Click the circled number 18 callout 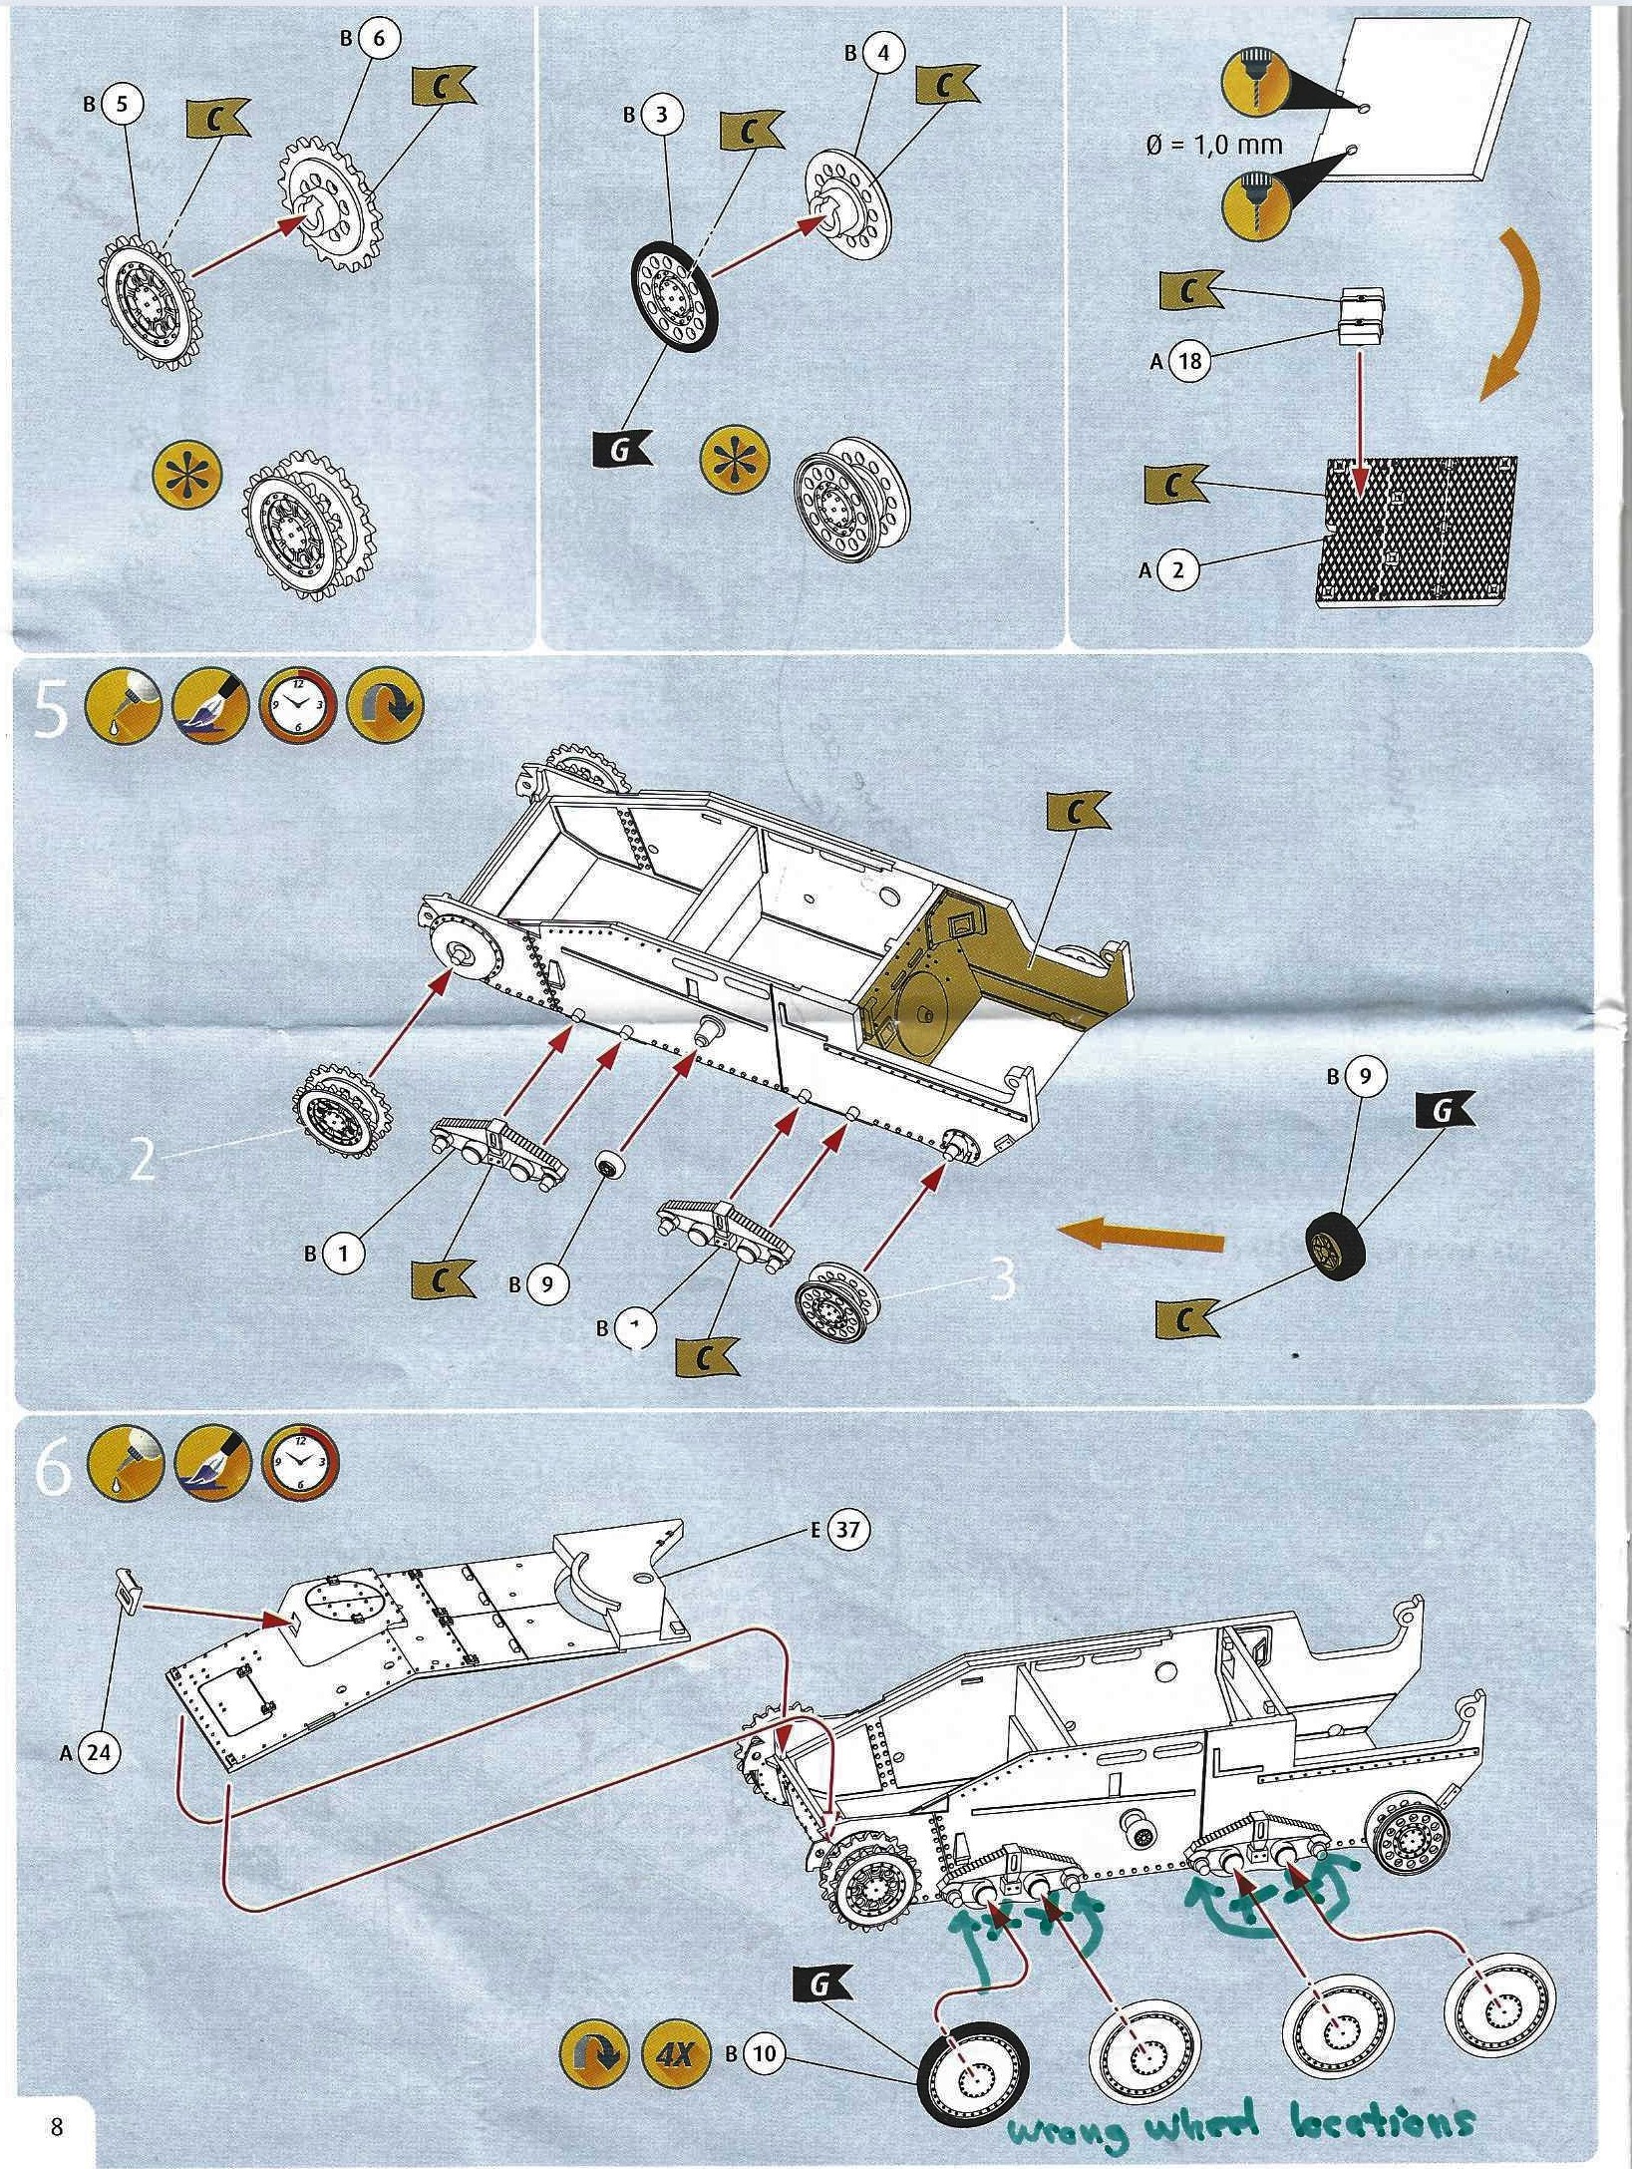click(x=1188, y=360)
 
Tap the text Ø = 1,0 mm click(x=1213, y=145)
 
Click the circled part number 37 click(x=846, y=1530)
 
